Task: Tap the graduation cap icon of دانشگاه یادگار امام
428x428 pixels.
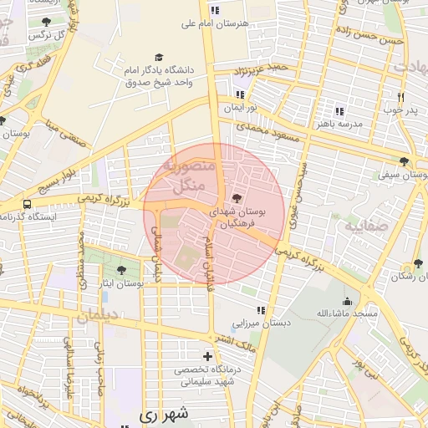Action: [159, 57]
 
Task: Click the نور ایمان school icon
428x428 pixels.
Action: [241, 94]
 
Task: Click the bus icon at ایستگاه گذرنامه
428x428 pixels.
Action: [28, 204]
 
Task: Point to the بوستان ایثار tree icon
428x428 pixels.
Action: [122, 270]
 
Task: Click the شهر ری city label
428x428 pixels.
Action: [159, 414]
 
